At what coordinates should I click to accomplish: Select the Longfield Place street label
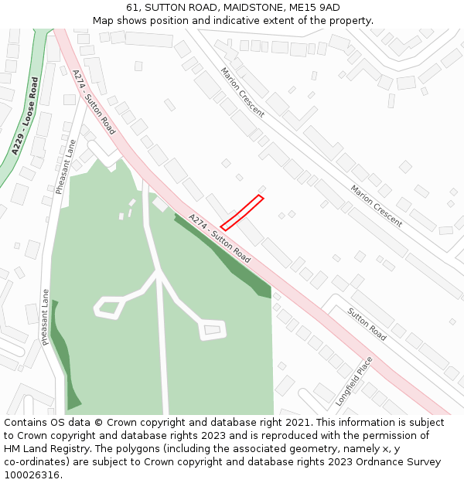pyautogui.click(x=354, y=381)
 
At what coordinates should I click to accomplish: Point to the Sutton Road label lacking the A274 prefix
pyautogui.click(x=367, y=325)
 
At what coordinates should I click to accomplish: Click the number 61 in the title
pyautogui.click(x=132, y=8)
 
